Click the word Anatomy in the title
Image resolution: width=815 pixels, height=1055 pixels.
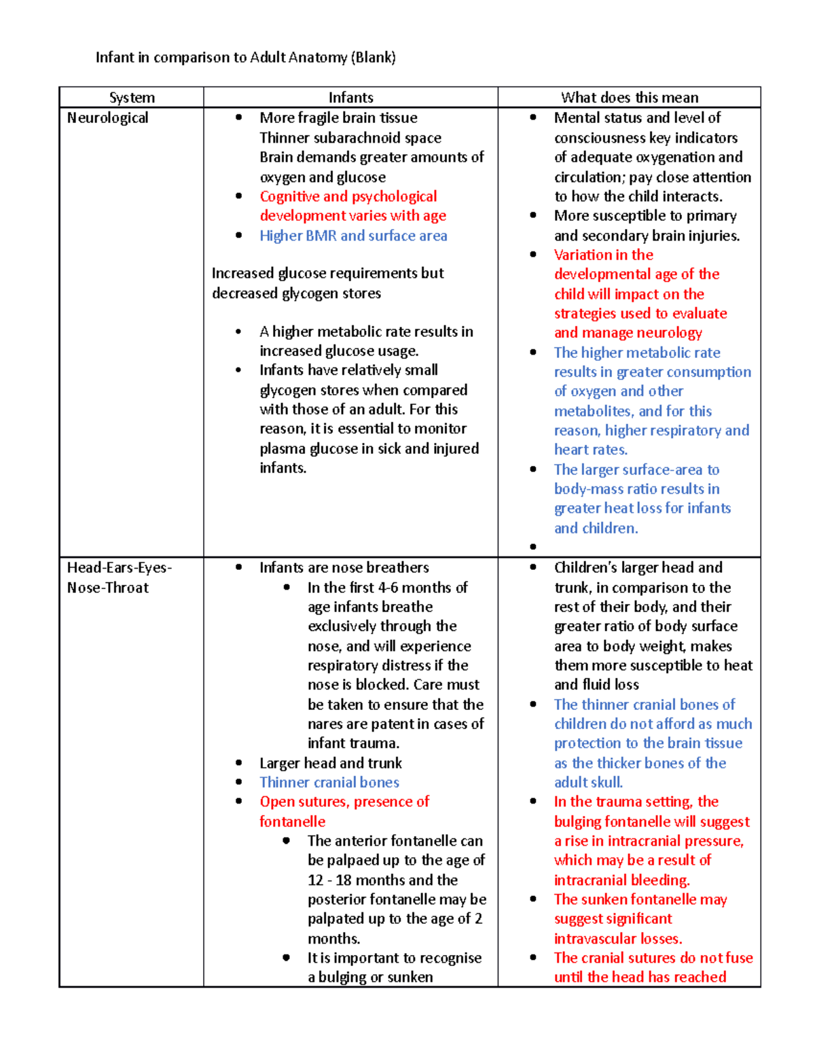tap(318, 58)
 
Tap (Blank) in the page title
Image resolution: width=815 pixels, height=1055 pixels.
tap(373, 58)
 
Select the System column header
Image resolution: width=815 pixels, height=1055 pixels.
tap(132, 98)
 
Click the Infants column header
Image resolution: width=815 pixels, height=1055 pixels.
tap(350, 98)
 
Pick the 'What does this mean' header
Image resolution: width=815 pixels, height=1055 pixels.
tap(629, 98)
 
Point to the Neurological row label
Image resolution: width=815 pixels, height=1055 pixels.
tap(107, 118)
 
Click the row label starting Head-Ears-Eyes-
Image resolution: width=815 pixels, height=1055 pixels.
tap(119, 568)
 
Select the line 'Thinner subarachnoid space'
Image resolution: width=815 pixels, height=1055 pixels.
tap(350, 138)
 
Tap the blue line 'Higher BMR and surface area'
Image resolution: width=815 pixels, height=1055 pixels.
tap(353, 236)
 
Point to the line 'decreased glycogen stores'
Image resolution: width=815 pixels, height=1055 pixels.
tap(296, 293)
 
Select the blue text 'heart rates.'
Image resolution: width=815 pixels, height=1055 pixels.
tap(590, 450)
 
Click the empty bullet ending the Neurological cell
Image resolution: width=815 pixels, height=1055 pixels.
tap(533, 547)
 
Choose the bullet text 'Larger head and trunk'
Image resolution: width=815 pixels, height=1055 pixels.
tap(330, 764)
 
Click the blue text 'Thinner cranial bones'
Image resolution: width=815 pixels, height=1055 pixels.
tap(329, 783)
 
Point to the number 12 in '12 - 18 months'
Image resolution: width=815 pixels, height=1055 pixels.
tap(315, 880)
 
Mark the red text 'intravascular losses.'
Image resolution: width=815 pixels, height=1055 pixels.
tap(618, 939)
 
